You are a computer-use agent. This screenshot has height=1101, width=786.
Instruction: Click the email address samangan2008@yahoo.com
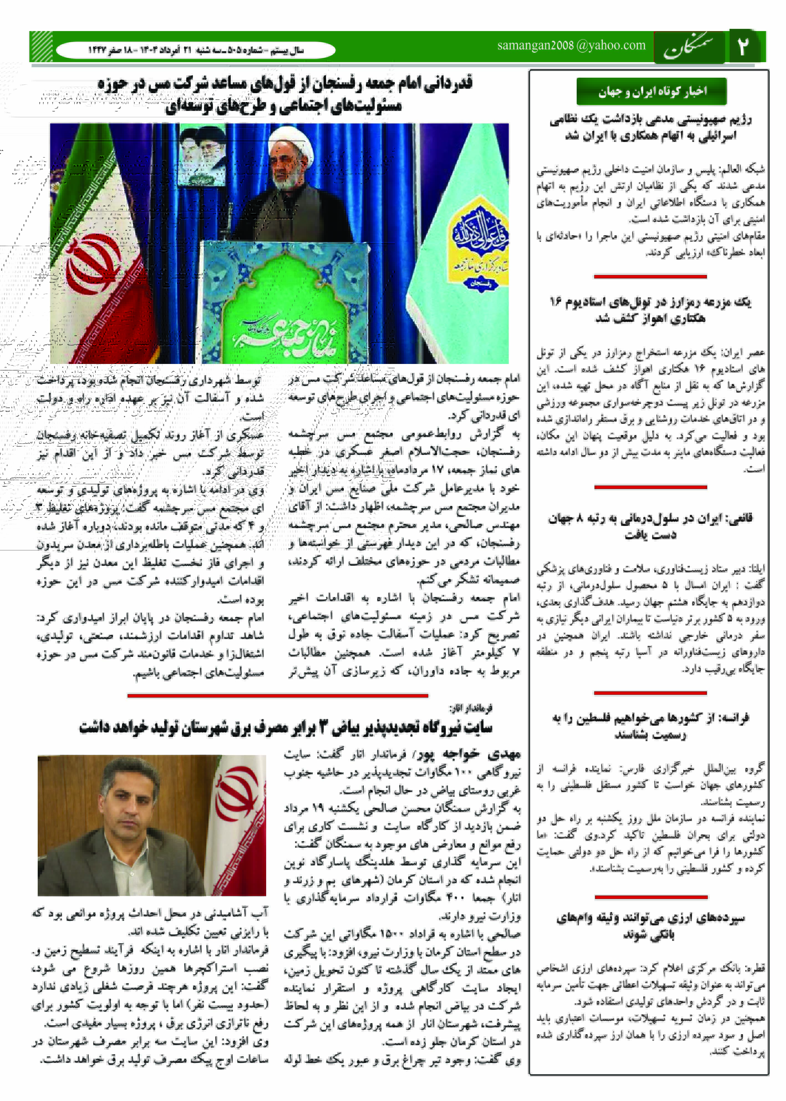571,45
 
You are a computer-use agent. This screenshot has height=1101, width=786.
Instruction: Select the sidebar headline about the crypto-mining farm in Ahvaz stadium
650,310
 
